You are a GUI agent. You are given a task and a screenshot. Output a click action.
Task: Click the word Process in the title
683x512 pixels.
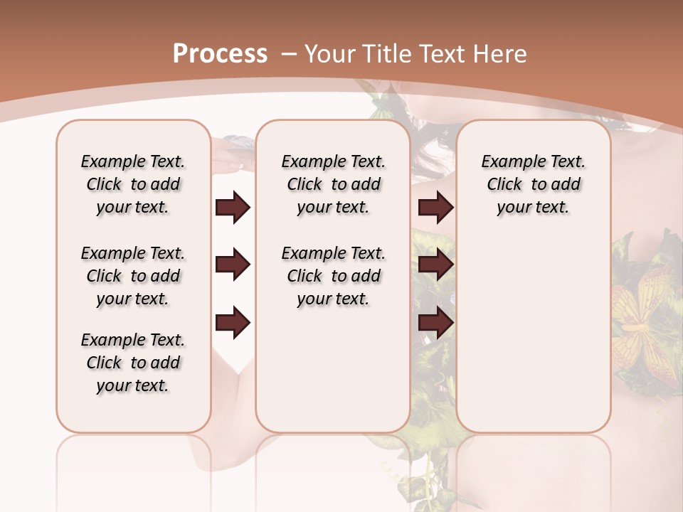(x=220, y=54)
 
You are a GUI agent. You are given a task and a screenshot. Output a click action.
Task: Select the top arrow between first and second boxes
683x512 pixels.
(x=233, y=208)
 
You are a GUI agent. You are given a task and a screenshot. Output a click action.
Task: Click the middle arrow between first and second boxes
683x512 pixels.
(x=233, y=265)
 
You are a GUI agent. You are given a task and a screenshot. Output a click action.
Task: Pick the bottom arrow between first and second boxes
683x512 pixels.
(x=233, y=322)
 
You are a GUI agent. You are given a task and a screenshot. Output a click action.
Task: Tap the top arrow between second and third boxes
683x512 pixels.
(x=435, y=208)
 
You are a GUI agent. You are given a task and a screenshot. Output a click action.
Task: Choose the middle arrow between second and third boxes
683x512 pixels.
(x=435, y=265)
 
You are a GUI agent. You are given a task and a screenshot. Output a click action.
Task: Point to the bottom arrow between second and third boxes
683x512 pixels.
(x=435, y=322)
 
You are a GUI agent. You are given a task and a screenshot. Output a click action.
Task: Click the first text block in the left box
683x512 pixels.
(x=133, y=184)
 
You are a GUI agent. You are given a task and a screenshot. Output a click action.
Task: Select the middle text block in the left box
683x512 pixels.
(x=133, y=276)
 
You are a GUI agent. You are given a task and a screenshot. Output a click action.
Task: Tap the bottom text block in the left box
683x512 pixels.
(x=133, y=363)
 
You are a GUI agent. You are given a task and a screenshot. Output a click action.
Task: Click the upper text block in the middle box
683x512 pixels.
(x=333, y=184)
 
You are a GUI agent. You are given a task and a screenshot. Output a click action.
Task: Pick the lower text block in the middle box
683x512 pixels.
(x=333, y=276)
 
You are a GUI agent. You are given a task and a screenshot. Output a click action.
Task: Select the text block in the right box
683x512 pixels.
(x=533, y=184)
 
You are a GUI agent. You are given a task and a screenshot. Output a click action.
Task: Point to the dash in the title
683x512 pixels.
(x=289, y=54)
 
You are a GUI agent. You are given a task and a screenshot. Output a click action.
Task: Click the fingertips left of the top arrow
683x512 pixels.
(x=222, y=166)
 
